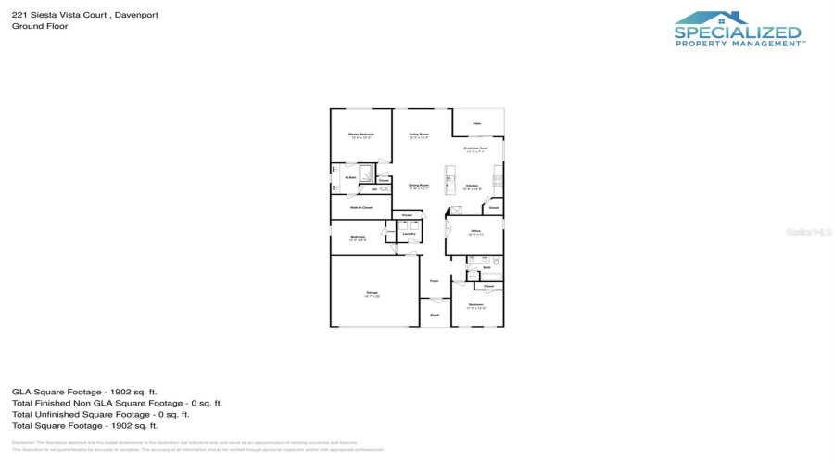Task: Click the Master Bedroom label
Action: [x=360, y=135]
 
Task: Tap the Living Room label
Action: [x=419, y=135]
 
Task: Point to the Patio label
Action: [x=477, y=123]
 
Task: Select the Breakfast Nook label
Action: [x=476, y=148]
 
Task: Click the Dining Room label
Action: [x=419, y=186]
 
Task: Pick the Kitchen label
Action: [x=472, y=186]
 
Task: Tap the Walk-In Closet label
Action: [x=360, y=207]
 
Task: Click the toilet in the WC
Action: [x=384, y=189]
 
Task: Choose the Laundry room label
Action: [x=408, y=234]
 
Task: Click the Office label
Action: [x=474, y=232]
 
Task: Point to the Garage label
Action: [x=372, y=293]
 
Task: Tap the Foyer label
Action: [x=434, y=280]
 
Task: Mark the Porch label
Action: [x=435, y=315]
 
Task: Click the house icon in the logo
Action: [x=711, y=18]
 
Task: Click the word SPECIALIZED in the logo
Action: [x=738, y=33]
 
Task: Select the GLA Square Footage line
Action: [x=84, y=392]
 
